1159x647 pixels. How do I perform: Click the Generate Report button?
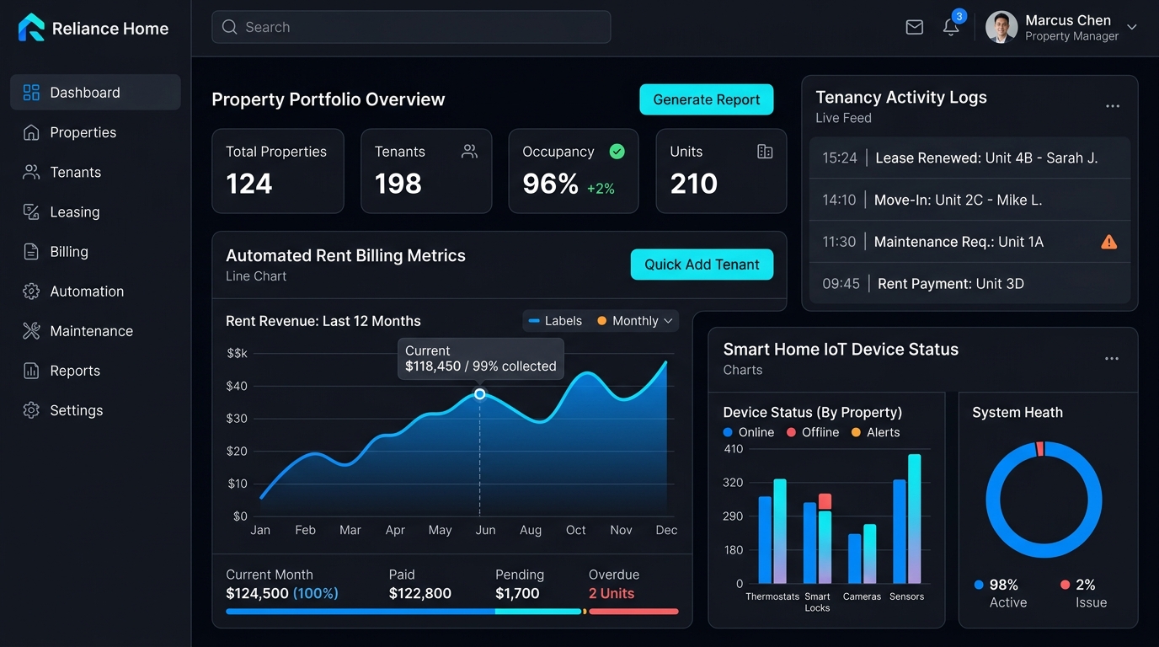(706, 99)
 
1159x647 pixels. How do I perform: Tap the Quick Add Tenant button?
(702, 265)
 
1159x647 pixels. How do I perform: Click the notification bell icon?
(950, 27)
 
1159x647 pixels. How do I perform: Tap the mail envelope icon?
(914, 27)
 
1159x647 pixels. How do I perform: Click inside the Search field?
(411, 27)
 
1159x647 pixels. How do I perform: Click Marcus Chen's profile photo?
(1001, 27)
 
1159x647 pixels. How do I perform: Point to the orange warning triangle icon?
(1108, 242)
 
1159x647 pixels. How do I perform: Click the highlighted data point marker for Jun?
(479, 394)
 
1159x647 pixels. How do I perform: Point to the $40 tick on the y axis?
(237, 386)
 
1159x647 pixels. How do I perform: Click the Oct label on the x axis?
(575, 530)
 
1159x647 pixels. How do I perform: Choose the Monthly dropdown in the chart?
(635, 321)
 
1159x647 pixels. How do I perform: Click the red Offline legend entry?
(813, 432)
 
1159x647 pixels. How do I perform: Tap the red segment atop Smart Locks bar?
(825, 501)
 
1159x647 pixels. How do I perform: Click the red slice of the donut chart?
(1040, 449)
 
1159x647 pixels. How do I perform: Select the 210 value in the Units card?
(694, 184)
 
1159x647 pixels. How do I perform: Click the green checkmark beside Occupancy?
(617, 152)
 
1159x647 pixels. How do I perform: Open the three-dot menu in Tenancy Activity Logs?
(1113, 106)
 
